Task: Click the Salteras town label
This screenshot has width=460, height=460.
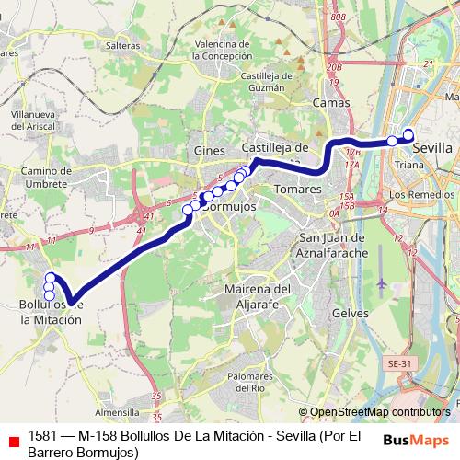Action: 123,44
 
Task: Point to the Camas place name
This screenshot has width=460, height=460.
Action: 330,104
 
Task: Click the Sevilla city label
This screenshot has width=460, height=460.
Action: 432,147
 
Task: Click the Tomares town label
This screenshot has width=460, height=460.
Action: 298,189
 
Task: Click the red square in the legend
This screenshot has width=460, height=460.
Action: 12,442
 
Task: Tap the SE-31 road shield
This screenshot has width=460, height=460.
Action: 398,364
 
